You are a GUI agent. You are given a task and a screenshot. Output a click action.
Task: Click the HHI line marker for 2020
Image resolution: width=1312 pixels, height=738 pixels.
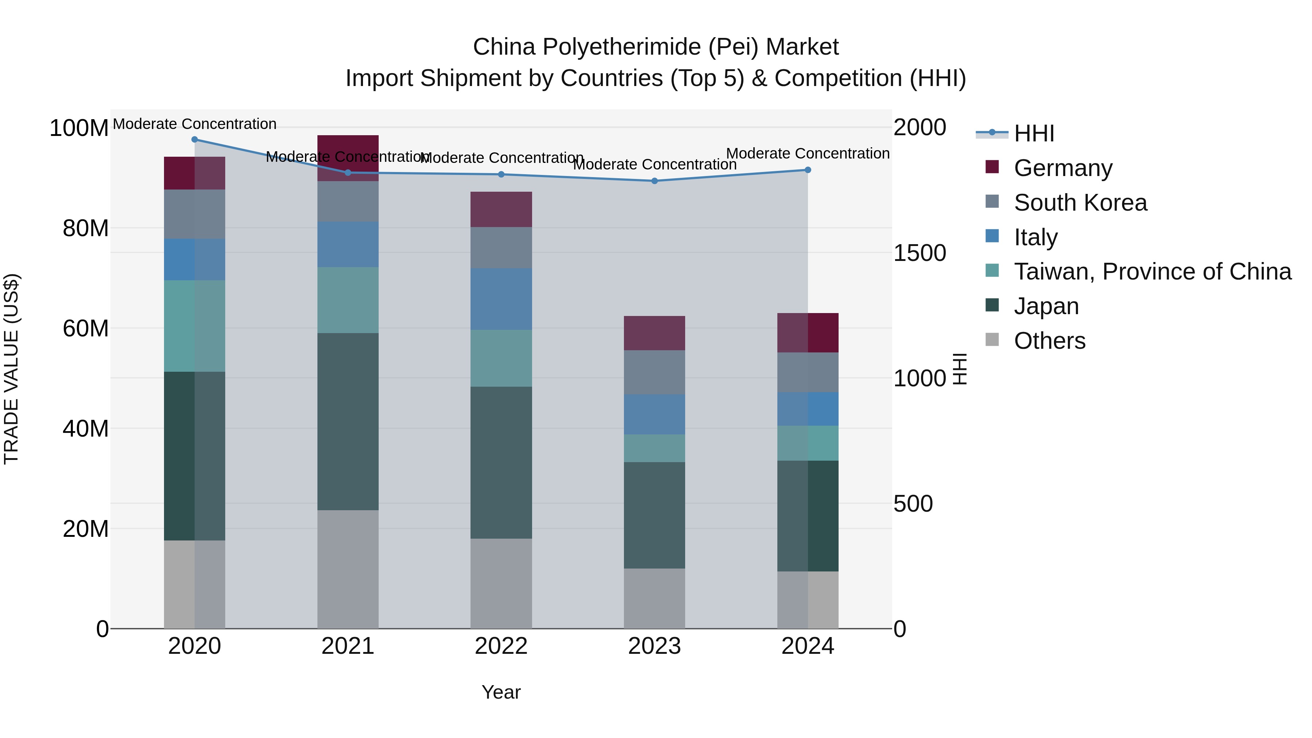195,140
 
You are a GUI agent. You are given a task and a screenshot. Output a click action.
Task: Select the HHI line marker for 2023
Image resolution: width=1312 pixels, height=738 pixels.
655,181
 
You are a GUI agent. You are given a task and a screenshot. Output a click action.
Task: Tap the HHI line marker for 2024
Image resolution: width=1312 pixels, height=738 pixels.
808,170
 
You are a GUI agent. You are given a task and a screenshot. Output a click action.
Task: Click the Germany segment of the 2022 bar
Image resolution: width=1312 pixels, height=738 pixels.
501,209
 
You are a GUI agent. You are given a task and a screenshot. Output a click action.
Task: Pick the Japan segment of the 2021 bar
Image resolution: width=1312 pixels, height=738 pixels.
348,422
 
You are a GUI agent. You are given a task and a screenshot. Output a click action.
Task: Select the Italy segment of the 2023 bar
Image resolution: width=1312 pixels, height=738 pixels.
655,415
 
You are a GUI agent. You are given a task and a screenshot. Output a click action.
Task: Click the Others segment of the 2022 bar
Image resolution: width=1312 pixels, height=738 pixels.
501,584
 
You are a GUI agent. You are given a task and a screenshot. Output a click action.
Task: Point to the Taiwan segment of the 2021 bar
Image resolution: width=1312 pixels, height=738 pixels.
348,301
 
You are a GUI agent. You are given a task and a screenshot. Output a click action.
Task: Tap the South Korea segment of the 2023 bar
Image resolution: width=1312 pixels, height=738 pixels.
655,372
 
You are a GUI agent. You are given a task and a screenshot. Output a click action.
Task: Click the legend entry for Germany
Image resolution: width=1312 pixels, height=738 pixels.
1063,168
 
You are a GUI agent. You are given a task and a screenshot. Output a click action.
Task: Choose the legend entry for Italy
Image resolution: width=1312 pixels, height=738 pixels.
1035,237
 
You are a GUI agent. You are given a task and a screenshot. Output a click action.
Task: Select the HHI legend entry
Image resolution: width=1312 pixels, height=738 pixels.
1034,133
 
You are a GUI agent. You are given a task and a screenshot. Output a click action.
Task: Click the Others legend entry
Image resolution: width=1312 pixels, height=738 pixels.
1049,341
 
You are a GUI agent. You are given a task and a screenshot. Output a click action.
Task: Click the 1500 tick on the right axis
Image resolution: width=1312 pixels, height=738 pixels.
920,253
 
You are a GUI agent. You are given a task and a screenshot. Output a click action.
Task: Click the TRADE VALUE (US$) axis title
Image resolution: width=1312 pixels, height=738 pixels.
11,369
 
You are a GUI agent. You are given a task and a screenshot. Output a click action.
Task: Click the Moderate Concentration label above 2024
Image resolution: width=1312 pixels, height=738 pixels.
808,153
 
